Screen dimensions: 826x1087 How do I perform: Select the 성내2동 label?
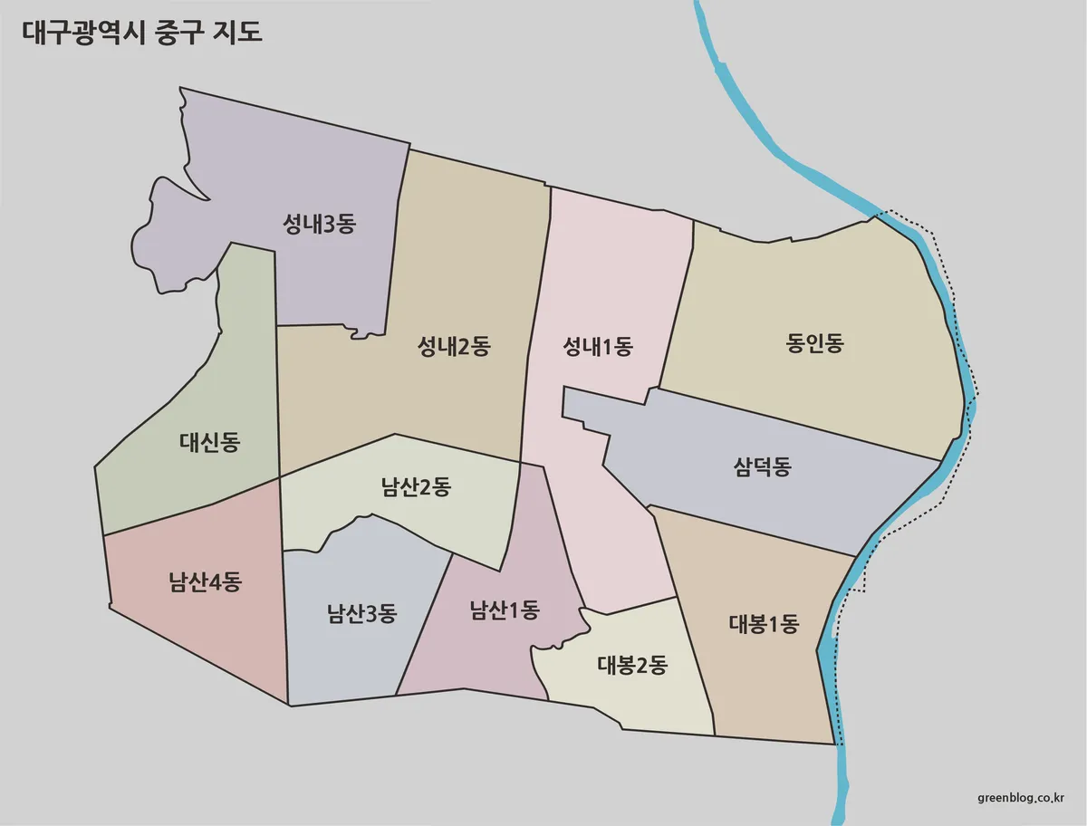click(x=453, y=346)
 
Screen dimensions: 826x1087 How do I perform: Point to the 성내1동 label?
click(x=597, y=346)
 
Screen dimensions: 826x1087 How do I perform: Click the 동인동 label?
click(x=814, y=344)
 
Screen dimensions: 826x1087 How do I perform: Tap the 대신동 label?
click(x=209, y=443)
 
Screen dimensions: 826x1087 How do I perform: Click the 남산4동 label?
click(x=204, y=581)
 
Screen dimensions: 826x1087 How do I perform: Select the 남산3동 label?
click(x=361, y=613)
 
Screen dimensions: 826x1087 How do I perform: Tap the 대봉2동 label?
click(x=631, y=666)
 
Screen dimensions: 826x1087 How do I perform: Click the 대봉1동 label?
click(x=764, y=624)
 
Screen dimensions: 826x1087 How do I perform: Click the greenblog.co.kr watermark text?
click(x=1021, y=797)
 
